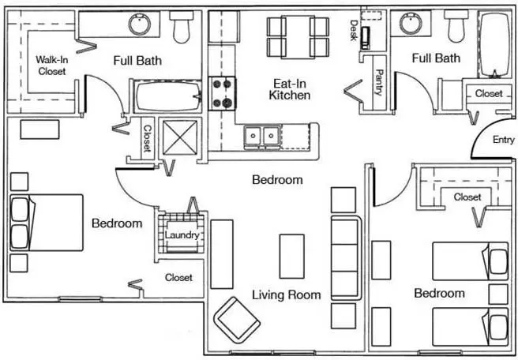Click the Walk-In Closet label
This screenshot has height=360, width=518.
click(51, 66)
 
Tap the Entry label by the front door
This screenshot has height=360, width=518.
click(503, 140)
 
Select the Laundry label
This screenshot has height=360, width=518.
click(182, 235)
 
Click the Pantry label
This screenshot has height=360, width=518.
click(378, 82)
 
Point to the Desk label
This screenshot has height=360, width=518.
click(354, 30)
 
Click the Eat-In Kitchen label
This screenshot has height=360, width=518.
click(289, 89)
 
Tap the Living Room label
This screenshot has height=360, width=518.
click(287, 294)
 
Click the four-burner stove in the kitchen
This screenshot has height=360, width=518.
click(222, 93)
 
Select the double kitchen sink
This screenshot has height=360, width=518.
click(261, 136)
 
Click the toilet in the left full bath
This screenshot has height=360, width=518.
click(182, 26)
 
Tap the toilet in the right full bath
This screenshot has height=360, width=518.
click(456, 25)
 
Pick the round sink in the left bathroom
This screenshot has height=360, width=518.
click(140, 24)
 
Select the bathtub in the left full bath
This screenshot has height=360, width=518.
click(168, 96)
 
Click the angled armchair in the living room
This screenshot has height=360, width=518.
click(237, 320)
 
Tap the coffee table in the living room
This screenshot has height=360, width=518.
click(292, 257)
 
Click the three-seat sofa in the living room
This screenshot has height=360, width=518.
click(346, 257)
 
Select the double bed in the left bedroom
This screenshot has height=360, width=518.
click(47, 223)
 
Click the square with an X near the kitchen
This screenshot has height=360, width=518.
click(180, 137)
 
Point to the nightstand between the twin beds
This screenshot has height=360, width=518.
click(498, 294)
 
